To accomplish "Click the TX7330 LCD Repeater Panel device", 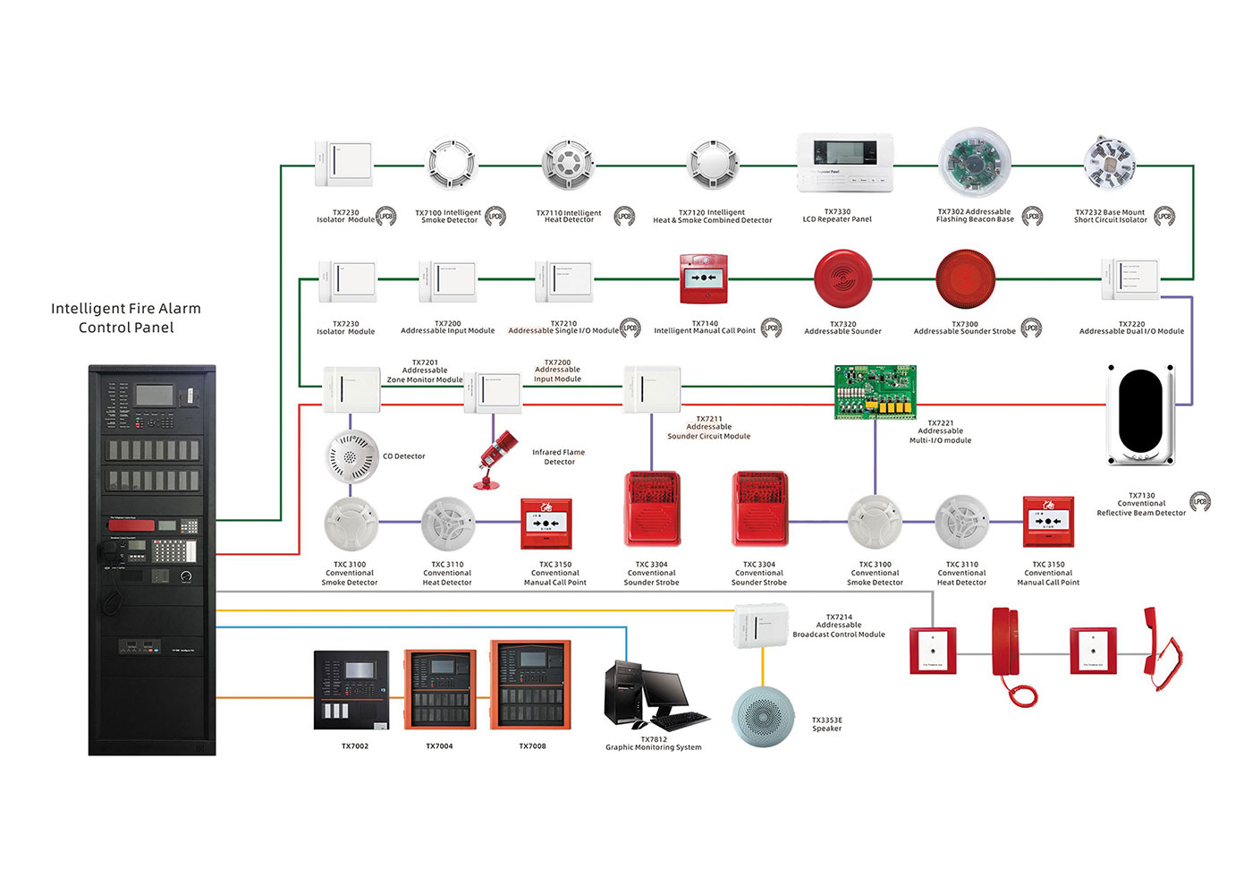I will pos(845,164).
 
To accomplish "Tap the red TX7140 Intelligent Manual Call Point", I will pos(704,278).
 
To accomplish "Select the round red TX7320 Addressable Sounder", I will pos(842,278).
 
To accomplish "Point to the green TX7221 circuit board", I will pos(875,392).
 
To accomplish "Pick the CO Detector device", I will pos(351,456).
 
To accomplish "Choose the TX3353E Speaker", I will pos(763,716).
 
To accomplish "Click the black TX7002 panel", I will pos(351,690).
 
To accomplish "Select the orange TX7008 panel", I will pos(530,685).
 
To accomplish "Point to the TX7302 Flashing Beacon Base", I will pos(975,165).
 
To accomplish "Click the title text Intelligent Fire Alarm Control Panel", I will pos(126,318).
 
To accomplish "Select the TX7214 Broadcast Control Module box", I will pos(761,625).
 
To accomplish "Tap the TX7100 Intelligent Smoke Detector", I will pos(452,164).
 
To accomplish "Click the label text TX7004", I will pos(439,746).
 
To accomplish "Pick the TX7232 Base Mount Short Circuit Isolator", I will pos(1110,164).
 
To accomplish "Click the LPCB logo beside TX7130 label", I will pos(1200,502).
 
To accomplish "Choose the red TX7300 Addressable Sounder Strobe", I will pos(965,279).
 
